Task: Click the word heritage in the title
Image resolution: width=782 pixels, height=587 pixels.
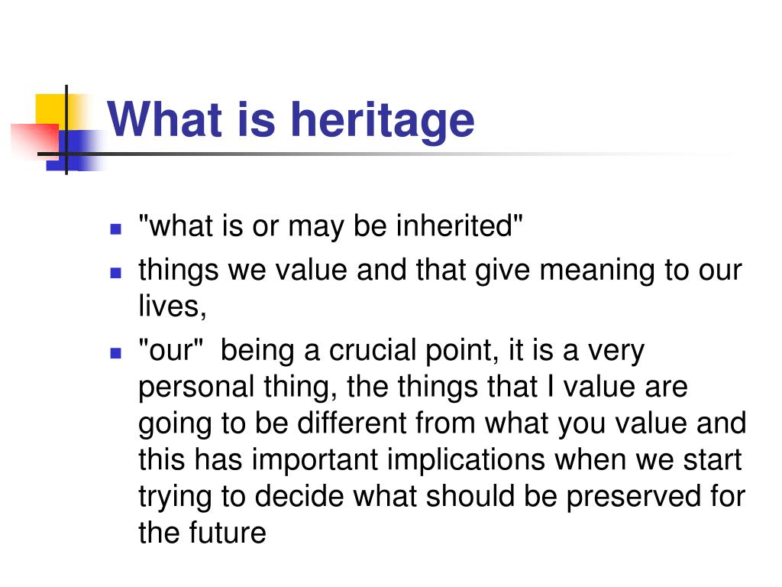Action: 383,120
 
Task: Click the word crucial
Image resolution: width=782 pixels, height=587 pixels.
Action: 372,350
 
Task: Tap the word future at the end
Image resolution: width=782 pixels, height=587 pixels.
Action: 227,533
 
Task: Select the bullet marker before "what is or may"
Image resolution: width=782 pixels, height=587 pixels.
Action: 116,229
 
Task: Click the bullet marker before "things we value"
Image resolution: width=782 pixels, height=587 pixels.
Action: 116,273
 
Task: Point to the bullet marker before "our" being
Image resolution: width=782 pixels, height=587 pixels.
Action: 116,353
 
